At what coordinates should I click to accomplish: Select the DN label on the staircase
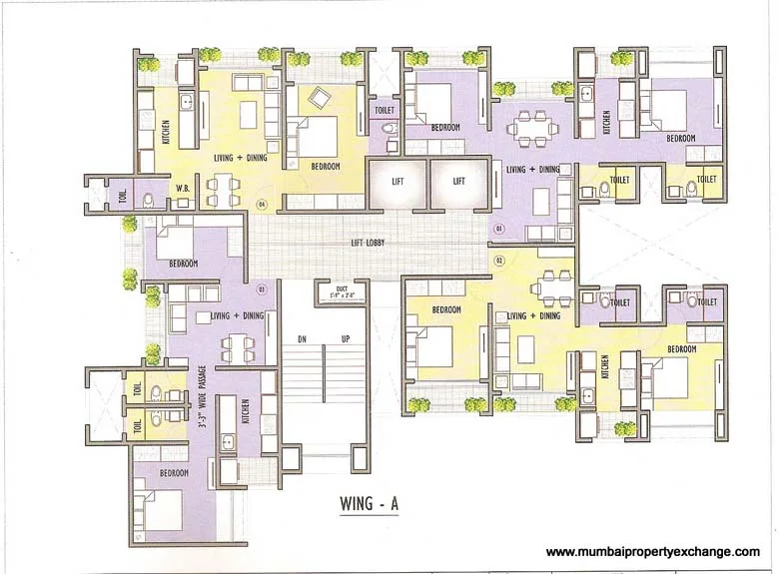[301, 339]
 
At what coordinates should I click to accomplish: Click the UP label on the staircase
[345, 339]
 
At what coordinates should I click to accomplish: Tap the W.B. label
[184, 187]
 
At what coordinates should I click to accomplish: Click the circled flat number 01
[497, 229]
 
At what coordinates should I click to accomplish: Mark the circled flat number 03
[261, 291]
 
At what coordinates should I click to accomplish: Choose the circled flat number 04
[261, 205]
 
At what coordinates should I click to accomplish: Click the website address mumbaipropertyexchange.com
[653, 552]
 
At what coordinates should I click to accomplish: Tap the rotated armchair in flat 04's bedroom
[320, 97]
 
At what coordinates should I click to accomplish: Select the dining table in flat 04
[221, 186]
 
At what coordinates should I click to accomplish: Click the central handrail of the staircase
[323, 399]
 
